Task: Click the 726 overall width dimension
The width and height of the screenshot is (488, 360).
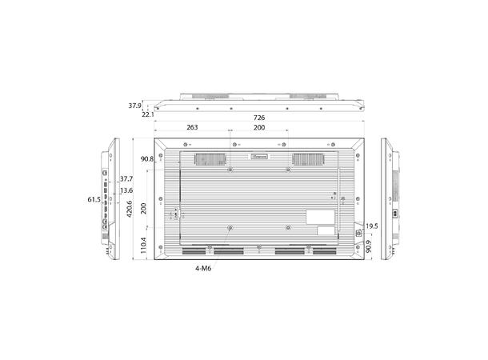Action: point(260,118)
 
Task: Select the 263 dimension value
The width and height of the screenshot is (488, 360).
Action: point(193,127)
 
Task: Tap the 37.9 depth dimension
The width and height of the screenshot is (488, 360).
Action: point(134,105)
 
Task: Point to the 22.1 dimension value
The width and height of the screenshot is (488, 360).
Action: point(147,114)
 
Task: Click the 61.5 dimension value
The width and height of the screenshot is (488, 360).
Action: point(93,199)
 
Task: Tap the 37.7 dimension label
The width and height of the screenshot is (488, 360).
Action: point(126,178)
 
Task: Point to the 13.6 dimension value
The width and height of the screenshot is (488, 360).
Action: point(126,190)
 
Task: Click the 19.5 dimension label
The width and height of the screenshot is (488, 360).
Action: point(370,226)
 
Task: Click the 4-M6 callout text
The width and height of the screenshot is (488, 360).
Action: point(202,269)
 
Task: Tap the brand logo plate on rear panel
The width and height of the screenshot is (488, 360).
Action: point(261,158)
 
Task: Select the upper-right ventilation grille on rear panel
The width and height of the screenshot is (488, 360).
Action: point(307,159)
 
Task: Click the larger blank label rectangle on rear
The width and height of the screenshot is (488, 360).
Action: point(322,216)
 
